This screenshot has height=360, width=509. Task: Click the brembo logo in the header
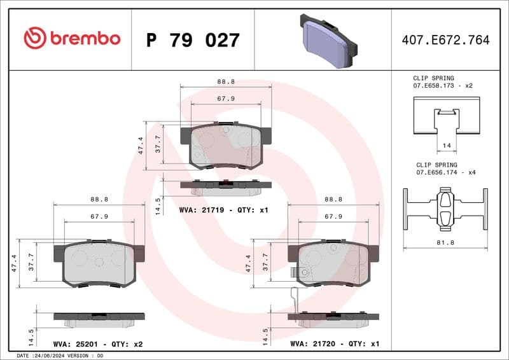tap(72, 38)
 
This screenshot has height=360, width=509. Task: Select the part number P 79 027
tap(193, 40)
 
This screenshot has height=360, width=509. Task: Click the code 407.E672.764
tap(445, 40)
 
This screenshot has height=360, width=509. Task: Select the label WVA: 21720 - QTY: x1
tap(335, 344)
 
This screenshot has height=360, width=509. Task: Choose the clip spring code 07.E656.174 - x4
tap(445, 172)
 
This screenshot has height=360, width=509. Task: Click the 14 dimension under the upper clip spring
tap(446, 146)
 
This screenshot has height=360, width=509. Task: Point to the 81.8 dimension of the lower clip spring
tap(445, 242)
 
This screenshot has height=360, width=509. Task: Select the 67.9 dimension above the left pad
tap(99, 216)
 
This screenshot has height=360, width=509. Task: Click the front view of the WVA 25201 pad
tap(99, 263)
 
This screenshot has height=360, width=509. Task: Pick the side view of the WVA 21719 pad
tap(226, 185)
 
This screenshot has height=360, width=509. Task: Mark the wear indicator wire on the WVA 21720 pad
tap(293, 299)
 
